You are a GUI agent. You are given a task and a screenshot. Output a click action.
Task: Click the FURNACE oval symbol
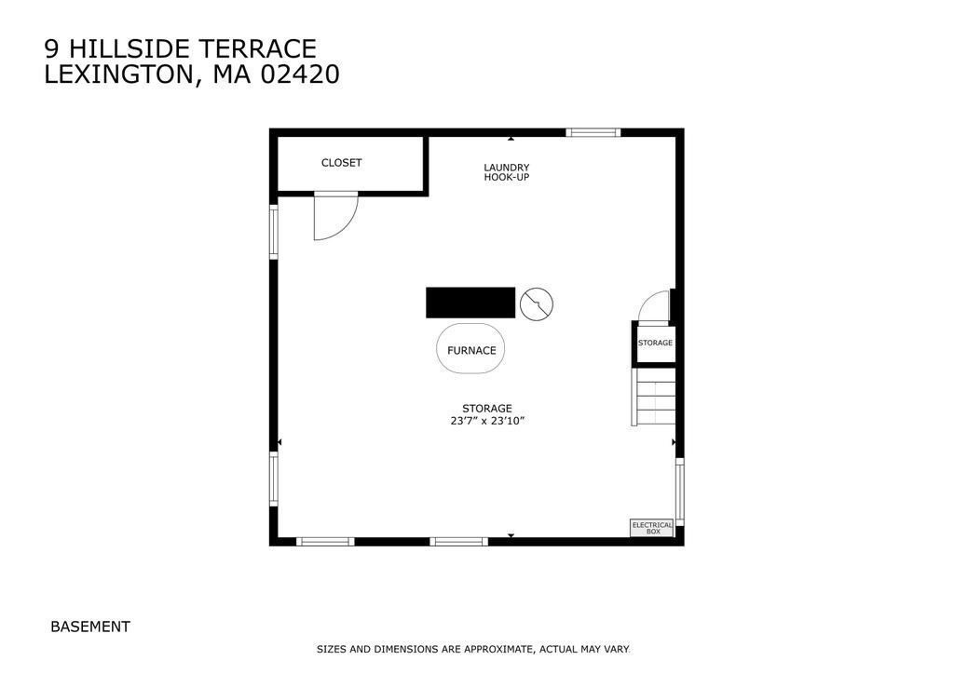(471, 350)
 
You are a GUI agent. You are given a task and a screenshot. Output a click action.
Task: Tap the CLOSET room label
(341, 163)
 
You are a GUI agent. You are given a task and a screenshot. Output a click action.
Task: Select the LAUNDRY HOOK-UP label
(506, 172)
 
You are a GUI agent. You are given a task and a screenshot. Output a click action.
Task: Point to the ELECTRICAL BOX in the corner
(652, 528)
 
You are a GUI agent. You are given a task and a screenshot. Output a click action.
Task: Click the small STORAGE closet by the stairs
(655, 343)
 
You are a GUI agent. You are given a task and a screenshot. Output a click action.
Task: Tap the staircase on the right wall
(654, 397)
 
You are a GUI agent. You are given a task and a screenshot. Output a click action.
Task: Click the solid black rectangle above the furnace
(470, 303)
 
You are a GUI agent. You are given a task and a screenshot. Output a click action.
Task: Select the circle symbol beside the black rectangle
(537, 303)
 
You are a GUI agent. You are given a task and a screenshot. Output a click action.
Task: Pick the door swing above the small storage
(655, 306)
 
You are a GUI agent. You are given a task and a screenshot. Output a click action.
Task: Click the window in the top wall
(593, 133)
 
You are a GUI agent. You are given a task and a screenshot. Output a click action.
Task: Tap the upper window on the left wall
(274, 231)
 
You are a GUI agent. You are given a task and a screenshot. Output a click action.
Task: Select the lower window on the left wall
(274, 479)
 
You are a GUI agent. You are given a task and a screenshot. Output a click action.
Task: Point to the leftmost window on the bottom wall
(325, 541)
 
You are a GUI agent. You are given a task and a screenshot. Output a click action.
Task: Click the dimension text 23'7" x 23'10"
(487, 421)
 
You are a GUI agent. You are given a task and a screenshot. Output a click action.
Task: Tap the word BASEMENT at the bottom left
(90, 627)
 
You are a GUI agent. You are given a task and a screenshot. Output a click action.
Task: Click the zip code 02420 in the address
(300, 74)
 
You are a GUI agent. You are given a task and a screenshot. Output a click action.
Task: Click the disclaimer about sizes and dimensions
(472, 649)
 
